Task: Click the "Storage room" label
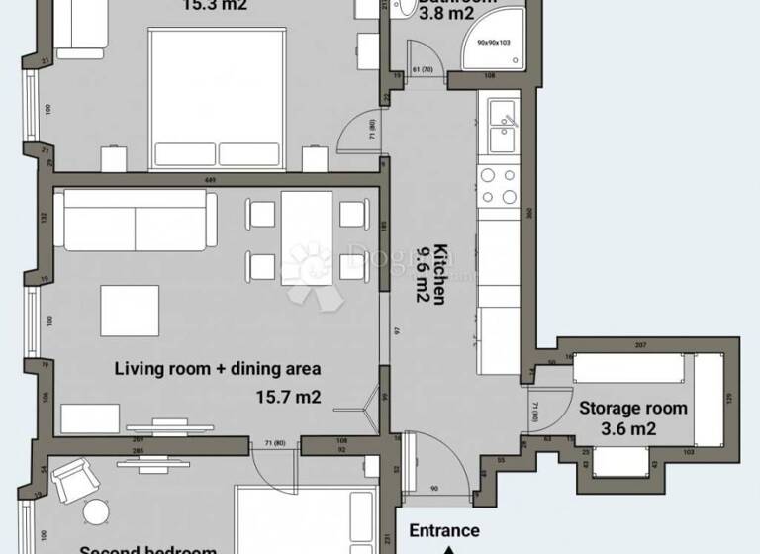pyautogui.click(x=632, y=408)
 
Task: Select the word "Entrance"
pyautogui.click(x=444, y=531)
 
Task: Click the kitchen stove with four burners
pyautogui.click(x=498, y=185)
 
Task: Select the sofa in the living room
pyautogui.click(x=135, y=221)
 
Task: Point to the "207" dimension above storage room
pyautogui.click(x=640, y=344)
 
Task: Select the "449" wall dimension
pyautogui.click(x=210, y=180)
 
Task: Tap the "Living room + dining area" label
pyautogui.click(x=218, y=369)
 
